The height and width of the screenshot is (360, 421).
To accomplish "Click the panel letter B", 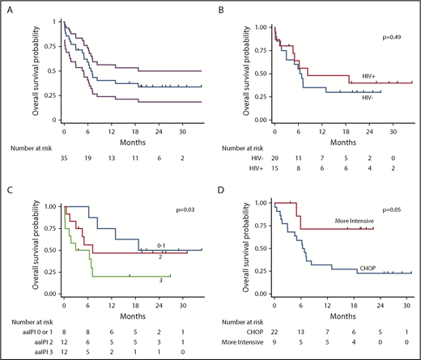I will click(x=223, y=11).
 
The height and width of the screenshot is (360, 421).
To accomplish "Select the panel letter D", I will click(x=223, y=191).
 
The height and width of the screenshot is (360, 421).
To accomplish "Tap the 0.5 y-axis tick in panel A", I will click(x=51, y=70).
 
